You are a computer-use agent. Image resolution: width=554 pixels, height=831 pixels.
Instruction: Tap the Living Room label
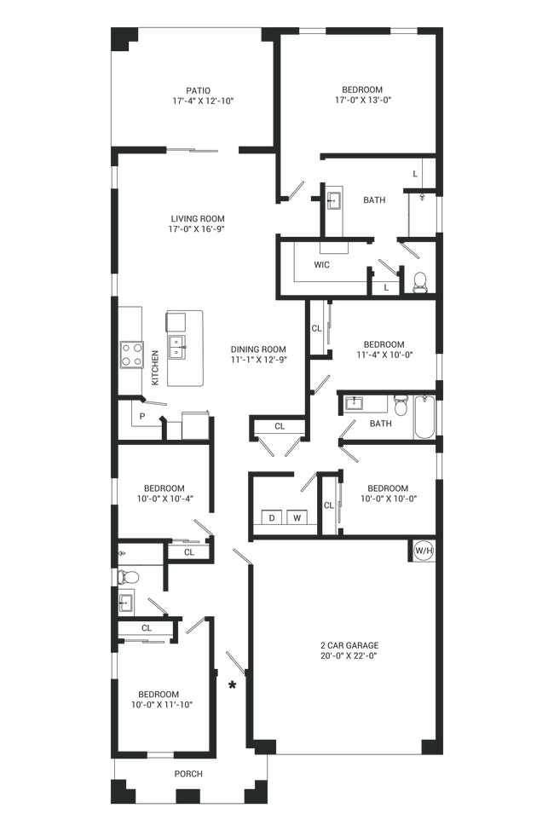[x=196, y=223]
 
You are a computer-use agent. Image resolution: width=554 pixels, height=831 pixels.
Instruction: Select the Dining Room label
[x=258, y=354]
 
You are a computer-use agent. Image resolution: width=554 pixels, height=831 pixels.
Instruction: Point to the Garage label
[x=349, y=650]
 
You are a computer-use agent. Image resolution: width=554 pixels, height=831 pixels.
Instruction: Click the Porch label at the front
[x=188, y=774]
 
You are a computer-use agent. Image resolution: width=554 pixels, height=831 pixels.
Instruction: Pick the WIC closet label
[x=321, y=265]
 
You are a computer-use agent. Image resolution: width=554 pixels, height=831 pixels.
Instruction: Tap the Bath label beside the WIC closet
[x=375, y=201]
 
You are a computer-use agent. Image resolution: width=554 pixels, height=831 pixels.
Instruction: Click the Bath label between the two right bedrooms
[x=380, y=422]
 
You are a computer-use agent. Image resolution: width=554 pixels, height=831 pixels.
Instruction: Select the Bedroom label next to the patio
[x=362, y=94]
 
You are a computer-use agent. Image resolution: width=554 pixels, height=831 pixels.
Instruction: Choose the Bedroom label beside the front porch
[x=159, y=698]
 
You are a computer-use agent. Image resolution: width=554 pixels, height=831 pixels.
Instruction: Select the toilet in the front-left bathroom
[x=130, y=578]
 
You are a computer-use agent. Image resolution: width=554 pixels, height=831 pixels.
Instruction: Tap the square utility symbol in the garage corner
[x=421, y=552]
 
